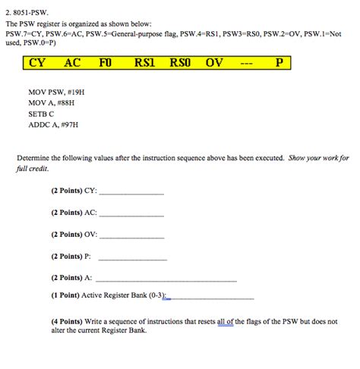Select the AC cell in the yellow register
pyautogui.click(x=72, y=63)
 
